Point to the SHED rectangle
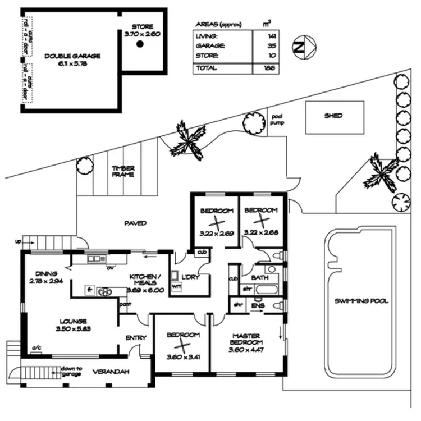[333, 116]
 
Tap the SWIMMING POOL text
[361, 301]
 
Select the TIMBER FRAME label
[122, 171]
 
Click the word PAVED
[135, 223]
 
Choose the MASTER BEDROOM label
[246, 339]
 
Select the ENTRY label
[136, 338]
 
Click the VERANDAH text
[108, 372]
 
